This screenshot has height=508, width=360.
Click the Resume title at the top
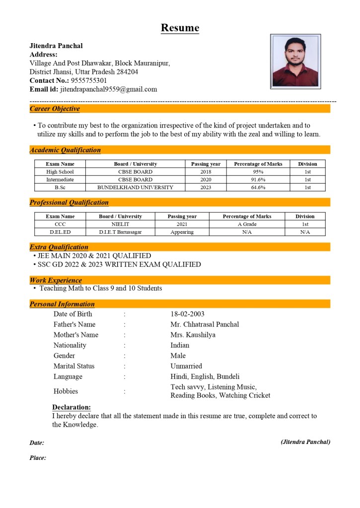click(180, 28)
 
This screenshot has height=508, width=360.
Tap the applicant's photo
click(295, 61)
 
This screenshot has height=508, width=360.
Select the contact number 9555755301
click(89, 80)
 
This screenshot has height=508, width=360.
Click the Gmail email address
click(108, 89)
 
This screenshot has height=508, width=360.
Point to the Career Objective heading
click(55, 109)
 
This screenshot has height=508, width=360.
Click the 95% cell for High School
click(258, 172)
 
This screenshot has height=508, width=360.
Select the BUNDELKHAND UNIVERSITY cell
click(135, 188)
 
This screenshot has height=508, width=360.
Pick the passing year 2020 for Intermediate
click(206, 180)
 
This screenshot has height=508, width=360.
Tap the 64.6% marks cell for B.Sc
click(258, 188)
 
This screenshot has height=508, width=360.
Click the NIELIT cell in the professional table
click(120, 224)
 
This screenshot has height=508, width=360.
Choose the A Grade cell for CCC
click(247, 224)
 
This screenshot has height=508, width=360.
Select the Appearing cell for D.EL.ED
click(182, 232)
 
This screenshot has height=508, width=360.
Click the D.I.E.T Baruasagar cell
click(120, 232)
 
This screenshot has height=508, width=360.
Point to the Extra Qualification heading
click(59, 247)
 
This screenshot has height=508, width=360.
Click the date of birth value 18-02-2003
click(187, 314)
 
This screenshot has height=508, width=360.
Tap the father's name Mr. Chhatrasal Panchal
click(205, 324)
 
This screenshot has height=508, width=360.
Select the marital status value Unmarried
click(186, 366)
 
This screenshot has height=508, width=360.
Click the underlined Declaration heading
click(72, 407)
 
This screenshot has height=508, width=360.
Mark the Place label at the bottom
click(38, 458)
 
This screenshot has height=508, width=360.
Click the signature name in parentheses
click(305, 442)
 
